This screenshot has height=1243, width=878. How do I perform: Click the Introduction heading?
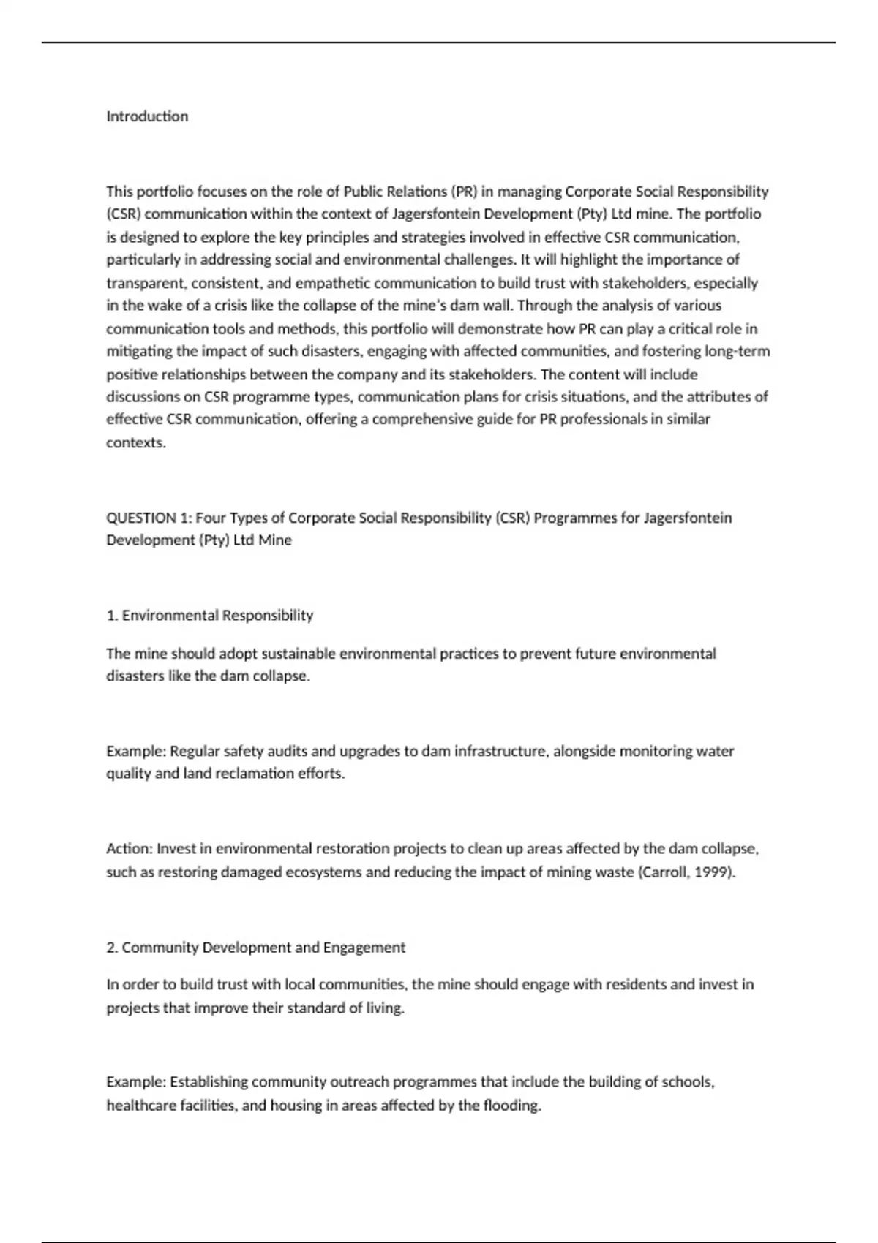[147, 116]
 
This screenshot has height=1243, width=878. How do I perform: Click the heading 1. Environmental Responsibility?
[210, 616]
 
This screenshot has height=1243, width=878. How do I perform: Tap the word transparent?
[145, 283]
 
